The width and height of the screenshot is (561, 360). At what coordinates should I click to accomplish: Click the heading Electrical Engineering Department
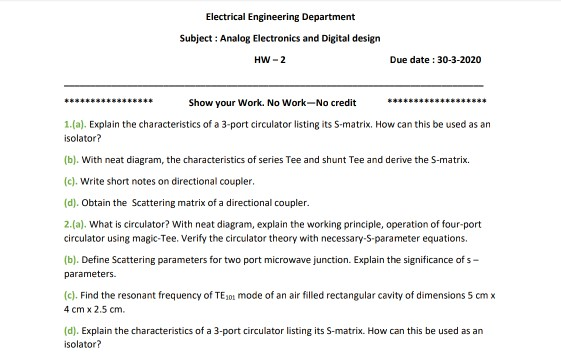[280, 17]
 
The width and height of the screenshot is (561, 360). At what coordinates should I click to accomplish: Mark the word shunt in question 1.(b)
[318, 159]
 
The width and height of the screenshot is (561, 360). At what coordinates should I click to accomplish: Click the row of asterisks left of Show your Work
[108, 103]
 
